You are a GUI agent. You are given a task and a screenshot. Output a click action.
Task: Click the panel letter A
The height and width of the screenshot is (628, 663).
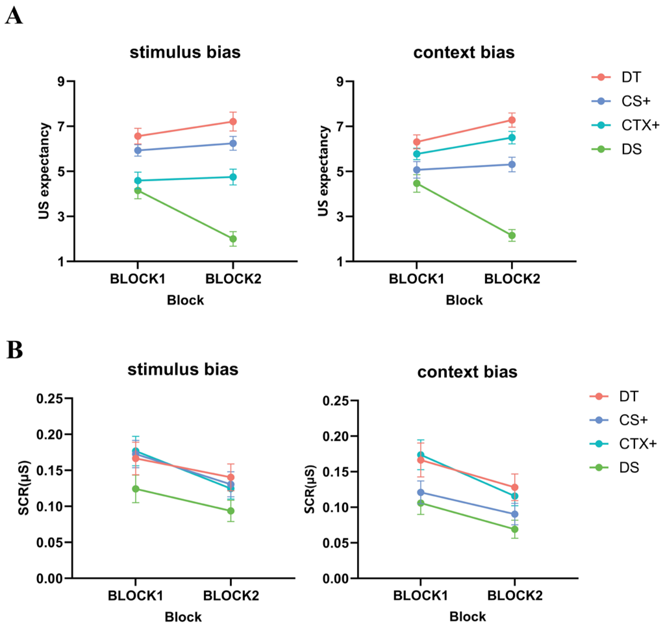[x=14, y=16]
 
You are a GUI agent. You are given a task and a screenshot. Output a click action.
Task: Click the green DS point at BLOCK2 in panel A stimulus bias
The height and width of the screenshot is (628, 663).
[x=233, y=239]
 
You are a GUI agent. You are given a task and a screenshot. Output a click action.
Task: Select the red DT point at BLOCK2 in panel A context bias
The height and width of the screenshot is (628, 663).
[x=512, y=120]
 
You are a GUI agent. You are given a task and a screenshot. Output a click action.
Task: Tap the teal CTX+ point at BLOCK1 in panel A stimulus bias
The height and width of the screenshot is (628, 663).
[x=138, y=180]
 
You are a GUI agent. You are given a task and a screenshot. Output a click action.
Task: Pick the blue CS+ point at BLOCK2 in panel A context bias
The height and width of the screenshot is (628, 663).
[x=512, y=164]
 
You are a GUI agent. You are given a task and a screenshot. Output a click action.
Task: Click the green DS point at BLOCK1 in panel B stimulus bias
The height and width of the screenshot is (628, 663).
[x=136, y=489]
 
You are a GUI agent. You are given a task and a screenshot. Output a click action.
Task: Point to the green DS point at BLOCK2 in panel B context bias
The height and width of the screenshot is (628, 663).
[x=515, y=529]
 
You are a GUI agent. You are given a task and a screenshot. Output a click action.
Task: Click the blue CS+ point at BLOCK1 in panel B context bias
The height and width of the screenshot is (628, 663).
[x=420, y=492]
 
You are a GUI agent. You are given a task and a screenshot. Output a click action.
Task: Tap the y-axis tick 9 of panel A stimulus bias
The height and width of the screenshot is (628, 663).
[x=61, y=81]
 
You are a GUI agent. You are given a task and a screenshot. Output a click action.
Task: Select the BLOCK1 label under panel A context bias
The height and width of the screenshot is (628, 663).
[x=416, y=279]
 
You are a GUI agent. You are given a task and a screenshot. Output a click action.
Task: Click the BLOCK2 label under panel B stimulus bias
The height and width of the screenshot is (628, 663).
[x=231, y=596]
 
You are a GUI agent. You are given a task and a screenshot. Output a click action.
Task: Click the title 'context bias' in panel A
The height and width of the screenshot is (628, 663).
[x=464, y=53]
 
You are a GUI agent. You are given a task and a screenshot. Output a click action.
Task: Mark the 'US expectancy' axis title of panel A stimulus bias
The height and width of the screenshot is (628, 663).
[x=44, y=171]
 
